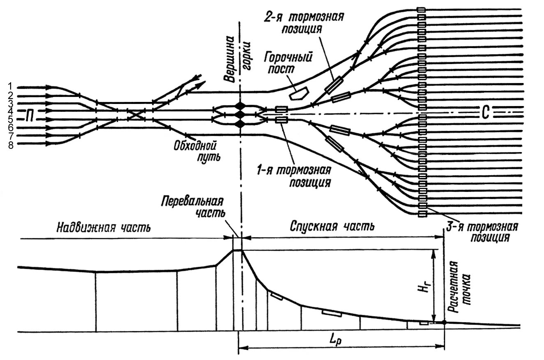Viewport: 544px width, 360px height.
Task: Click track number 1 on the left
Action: click(x=10, y=87)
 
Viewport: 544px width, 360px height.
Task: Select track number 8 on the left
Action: click(x=10, y=144)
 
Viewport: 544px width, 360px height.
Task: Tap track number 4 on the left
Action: click(x=10, y=111)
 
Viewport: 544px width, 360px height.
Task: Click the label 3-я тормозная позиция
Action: click(x=482, y=232)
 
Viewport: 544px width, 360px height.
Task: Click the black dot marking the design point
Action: click(x=444, y=323)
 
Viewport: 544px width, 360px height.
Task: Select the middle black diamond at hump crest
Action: click(x=240, y=115)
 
